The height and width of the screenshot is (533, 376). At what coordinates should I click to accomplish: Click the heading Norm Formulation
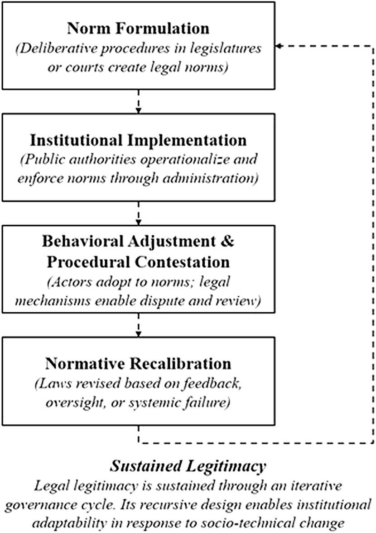tap(138, 28)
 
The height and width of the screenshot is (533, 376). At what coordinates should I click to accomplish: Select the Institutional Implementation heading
tap(138, 141)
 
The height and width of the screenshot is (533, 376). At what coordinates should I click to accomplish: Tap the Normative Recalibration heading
tap(138, 363)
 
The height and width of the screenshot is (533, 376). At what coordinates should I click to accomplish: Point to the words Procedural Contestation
tap(138, 262)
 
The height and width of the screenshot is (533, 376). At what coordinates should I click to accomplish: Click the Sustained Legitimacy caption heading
tap(188, 466)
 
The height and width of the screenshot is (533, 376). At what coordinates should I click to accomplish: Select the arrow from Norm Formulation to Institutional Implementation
tap(138, 102)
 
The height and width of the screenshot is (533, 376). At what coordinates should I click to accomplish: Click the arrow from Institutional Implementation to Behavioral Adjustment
tap(138, 213)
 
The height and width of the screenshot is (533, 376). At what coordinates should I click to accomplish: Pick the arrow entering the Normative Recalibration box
tap(138, 325)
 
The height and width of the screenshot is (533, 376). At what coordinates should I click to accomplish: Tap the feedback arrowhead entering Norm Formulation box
tap(278, 46)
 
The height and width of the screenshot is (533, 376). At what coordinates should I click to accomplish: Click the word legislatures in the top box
tap(225, 48)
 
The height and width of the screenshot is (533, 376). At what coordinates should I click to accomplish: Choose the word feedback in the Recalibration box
tap(212, 383)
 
